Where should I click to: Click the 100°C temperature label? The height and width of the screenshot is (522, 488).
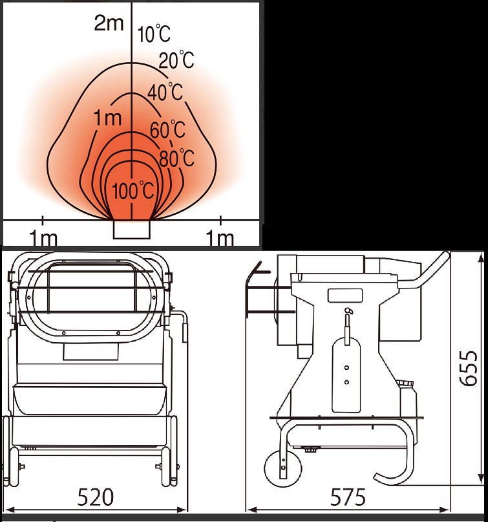133,191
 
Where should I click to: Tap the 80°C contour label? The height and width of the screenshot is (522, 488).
176,158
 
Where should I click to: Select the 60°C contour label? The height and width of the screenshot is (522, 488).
167,129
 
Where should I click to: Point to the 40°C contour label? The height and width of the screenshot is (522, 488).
165,92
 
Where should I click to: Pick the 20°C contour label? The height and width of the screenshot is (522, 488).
176,60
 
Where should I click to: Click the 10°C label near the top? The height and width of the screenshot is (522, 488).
154,34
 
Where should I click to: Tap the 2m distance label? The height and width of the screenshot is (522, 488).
109,23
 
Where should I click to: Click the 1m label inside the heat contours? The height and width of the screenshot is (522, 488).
108,118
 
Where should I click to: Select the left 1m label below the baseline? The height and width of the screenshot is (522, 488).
43,237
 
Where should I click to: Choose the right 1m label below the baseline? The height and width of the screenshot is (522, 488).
220,237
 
